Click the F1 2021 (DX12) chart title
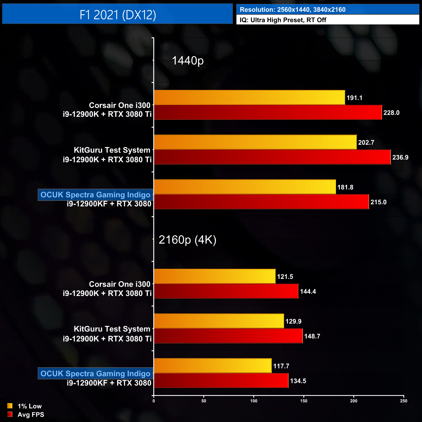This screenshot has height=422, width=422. click(118, 15)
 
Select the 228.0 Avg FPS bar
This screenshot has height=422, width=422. click(268, 112)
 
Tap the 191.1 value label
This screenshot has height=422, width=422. click(354, 98)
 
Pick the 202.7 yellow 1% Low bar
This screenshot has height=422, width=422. click(255, 142)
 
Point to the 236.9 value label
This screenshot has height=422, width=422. click(400, 157)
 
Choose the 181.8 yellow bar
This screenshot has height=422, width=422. click(245, 187)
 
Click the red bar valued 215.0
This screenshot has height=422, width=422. click(261, 202)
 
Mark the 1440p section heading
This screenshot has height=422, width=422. click(188, 61)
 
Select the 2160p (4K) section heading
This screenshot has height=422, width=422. click(187, 240)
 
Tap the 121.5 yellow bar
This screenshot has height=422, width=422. click(215, 276)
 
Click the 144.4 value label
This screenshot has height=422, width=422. click(308, 292)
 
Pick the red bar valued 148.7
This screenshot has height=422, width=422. click(228, 336)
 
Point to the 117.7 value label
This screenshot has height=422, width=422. click(281, 366)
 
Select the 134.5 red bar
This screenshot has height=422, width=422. click(221, 381)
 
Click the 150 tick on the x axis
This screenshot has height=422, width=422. click(304, 401)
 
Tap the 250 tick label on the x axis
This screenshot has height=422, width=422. click(403, 401)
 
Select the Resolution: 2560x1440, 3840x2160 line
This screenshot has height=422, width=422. click(292, 10)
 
